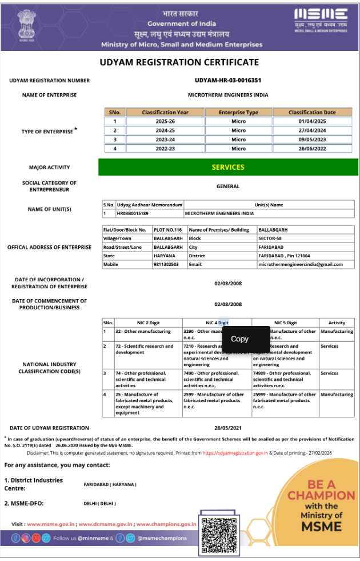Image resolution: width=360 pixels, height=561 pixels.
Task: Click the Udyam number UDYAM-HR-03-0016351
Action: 228,81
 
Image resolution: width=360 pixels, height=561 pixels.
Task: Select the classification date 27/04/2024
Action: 312,130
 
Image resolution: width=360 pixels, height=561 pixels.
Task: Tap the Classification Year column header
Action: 165,112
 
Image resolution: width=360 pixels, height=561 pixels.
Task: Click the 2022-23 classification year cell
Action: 165,149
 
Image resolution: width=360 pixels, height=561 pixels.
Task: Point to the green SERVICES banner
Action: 228,167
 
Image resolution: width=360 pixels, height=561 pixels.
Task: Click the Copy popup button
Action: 239,339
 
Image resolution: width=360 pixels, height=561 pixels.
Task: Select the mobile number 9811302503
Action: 167,265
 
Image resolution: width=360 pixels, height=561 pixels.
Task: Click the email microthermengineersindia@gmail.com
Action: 301,265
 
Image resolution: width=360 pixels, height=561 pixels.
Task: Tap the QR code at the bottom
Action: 219,532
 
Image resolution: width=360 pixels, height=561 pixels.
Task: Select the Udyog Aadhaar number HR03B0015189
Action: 133,213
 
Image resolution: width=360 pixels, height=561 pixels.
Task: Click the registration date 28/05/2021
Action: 228,428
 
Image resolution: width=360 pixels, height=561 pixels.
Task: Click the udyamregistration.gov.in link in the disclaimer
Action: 235,452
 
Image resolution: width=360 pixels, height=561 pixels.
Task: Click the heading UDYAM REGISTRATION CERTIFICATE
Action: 179,62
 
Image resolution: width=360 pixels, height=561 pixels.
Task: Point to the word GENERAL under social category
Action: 228,186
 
